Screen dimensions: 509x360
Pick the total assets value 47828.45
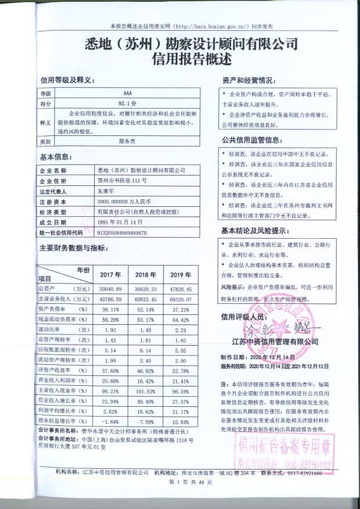tap(178, 289)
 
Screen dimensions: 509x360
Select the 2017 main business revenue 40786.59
tap(110, 299)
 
